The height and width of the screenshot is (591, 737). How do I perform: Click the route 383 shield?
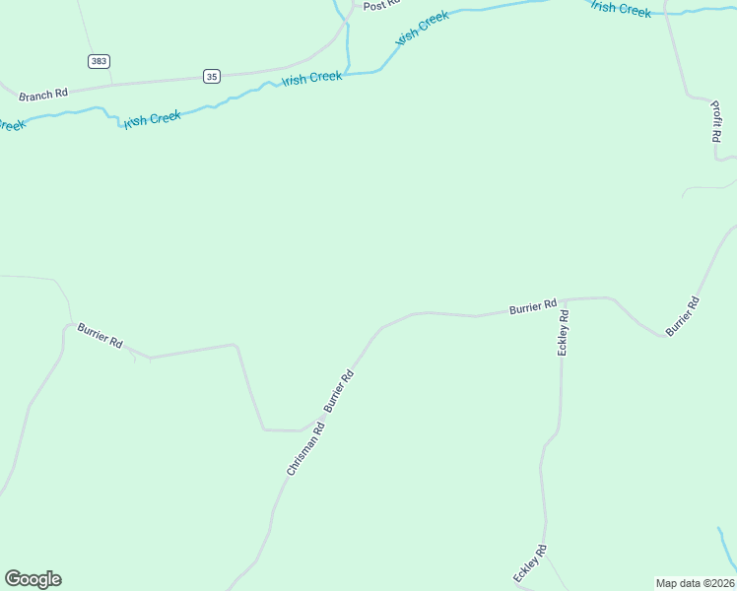click(98, 61)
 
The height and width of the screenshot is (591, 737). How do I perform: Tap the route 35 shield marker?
click(212, 76)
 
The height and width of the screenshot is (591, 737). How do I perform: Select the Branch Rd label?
click(42, 94)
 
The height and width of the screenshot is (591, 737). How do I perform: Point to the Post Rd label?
click(379, 5)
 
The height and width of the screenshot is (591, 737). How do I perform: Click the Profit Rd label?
click(716, 123)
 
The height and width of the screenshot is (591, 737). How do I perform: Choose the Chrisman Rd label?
click(305, 449)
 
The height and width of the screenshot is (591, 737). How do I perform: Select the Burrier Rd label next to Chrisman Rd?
click(338, 391)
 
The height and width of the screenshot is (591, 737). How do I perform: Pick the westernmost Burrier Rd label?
click(100, 335)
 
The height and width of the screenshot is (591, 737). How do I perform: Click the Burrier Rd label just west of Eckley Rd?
click(533, 307)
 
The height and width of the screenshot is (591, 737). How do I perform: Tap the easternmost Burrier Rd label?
click(682, 316)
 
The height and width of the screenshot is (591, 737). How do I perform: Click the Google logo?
click(33, 579)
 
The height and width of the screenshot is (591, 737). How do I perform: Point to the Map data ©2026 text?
click(695, 583)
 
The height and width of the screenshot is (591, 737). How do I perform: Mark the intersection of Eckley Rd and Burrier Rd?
click(565, 298)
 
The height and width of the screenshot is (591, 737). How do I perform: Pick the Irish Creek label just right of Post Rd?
click(422, 28)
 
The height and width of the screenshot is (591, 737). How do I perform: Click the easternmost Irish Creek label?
click(621, 9)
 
